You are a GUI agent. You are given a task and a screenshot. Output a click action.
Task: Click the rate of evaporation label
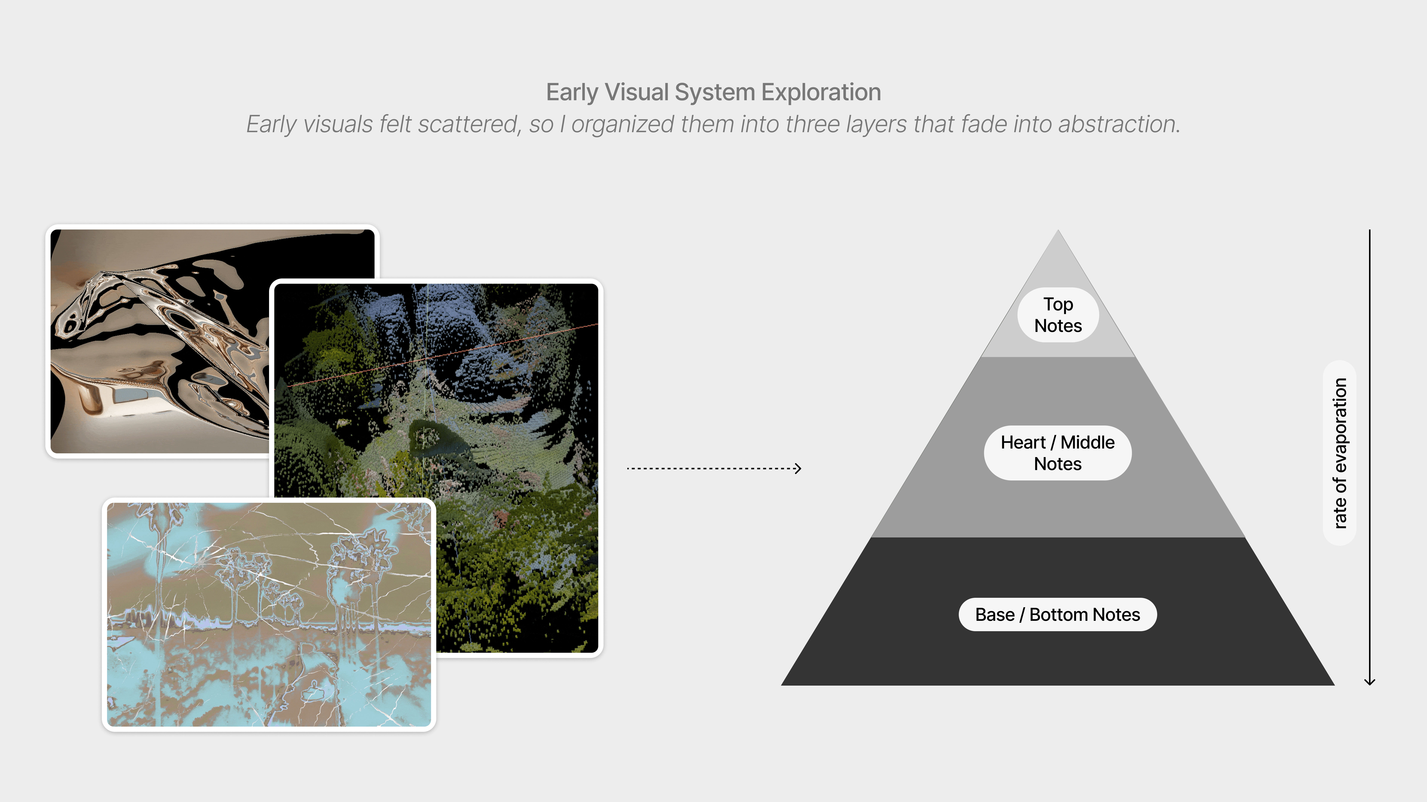pos(1339,453)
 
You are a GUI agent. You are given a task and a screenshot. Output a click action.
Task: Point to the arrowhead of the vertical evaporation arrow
pos(1369,682)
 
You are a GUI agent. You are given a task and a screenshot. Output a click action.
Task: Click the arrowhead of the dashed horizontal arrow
pos(798,468)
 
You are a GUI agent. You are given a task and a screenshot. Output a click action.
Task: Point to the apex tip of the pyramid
pos(1058,231)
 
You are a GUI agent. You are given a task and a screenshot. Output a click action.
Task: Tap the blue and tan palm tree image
pos(269,614)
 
